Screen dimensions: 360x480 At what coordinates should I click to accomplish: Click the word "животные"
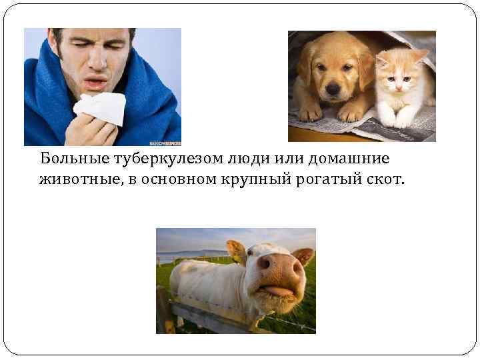click(75, 180)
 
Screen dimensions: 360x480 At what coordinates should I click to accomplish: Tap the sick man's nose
click(95, 63)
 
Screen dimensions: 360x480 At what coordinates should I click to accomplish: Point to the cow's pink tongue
click(277, 291)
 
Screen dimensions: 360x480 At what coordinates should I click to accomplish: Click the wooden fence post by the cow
click(164, 311)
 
